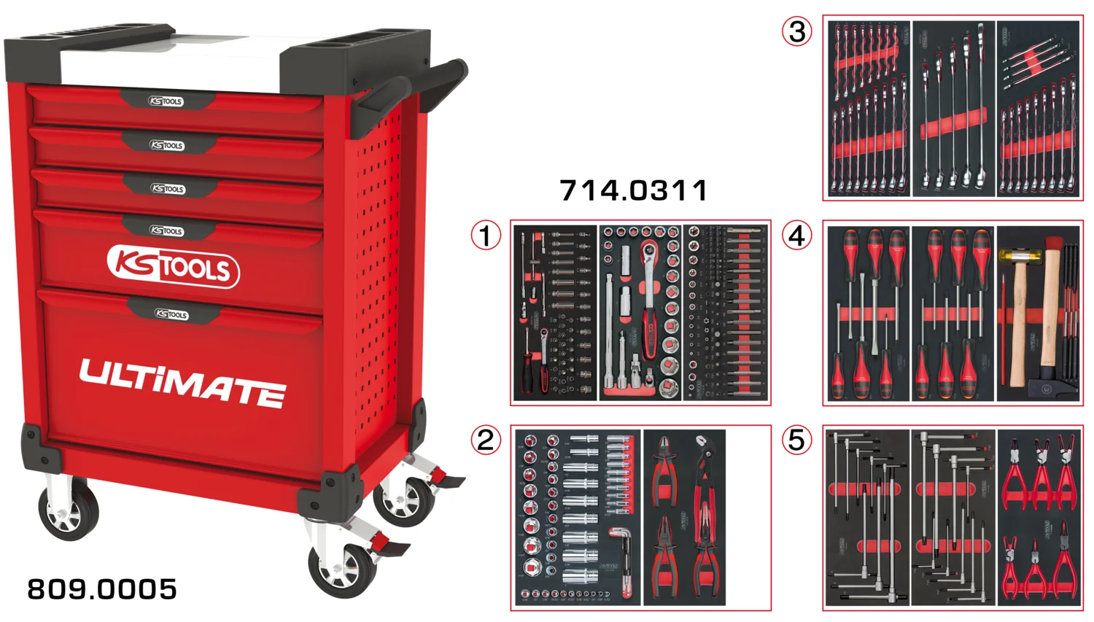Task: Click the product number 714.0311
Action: tap(634, 191)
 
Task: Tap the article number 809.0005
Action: tap(102, 589)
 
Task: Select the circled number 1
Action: tap(486, 236)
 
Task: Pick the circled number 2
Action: tap(486, 440)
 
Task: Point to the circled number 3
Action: tap(797, 31)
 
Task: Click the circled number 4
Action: tap(797, 236)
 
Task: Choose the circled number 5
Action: tap(797, 440)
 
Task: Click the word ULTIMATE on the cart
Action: tap(182, 382)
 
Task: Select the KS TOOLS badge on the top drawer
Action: tap(166, 101)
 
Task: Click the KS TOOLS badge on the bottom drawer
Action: tap(171, 314)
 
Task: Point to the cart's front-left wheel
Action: tap(68, 511)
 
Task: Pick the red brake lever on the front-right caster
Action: tap(383, 545)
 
